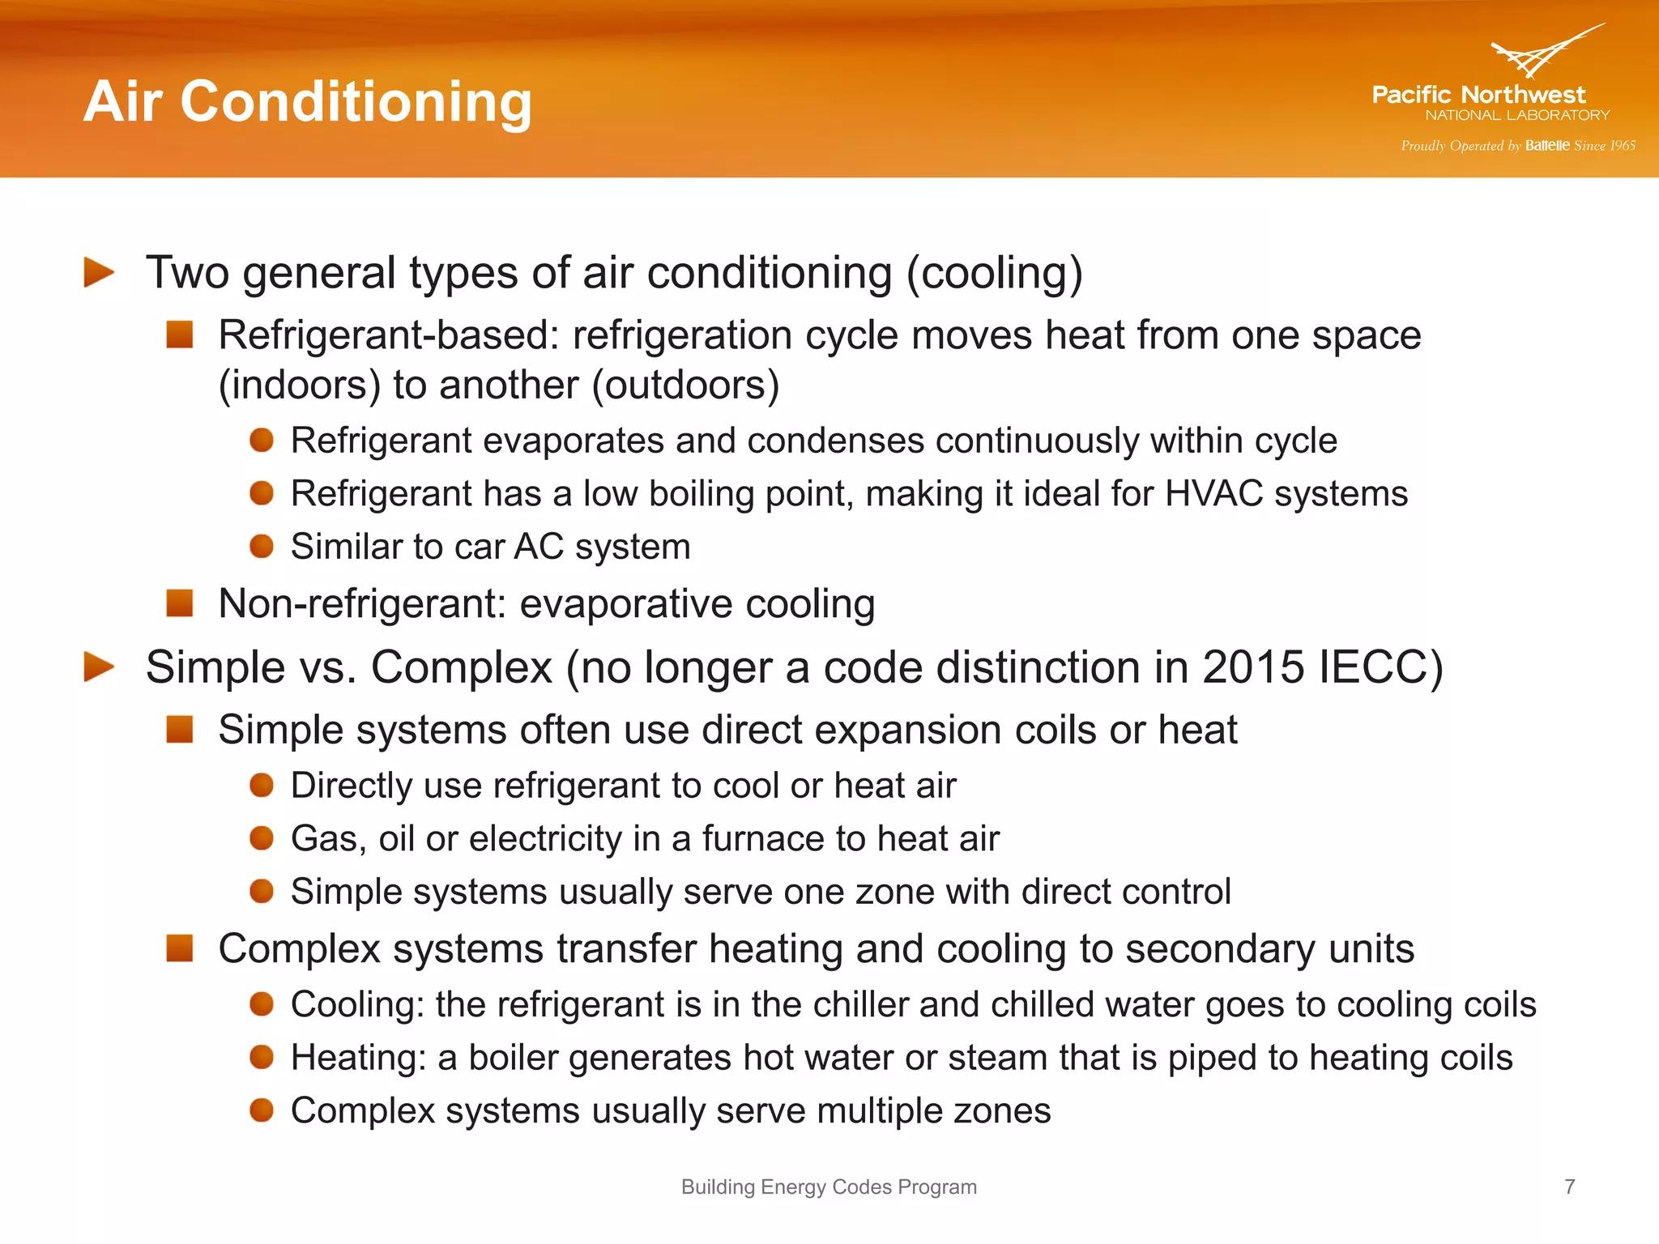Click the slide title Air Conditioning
307,102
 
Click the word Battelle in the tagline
1546,146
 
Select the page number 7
1569,1186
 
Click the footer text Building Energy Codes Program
829,1186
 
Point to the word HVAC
1213,493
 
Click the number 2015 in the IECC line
1253,667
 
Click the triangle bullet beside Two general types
99,272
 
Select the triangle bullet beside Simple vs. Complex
99,667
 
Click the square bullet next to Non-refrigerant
180,603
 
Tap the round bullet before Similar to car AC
262,547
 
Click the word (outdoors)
685,385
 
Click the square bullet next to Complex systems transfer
180,948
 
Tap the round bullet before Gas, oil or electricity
262,838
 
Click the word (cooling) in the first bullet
994,273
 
